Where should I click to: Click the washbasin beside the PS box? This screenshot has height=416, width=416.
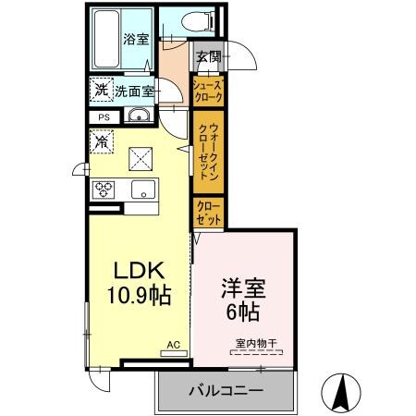[140, 116]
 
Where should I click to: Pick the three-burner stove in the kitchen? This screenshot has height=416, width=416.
[103, 190]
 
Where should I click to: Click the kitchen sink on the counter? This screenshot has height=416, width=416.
[143, 190]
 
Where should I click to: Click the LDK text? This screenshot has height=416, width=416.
[139, 270]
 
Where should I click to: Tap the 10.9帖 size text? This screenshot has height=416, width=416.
[139, 297]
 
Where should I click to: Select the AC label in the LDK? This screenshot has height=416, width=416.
[172, 346]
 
